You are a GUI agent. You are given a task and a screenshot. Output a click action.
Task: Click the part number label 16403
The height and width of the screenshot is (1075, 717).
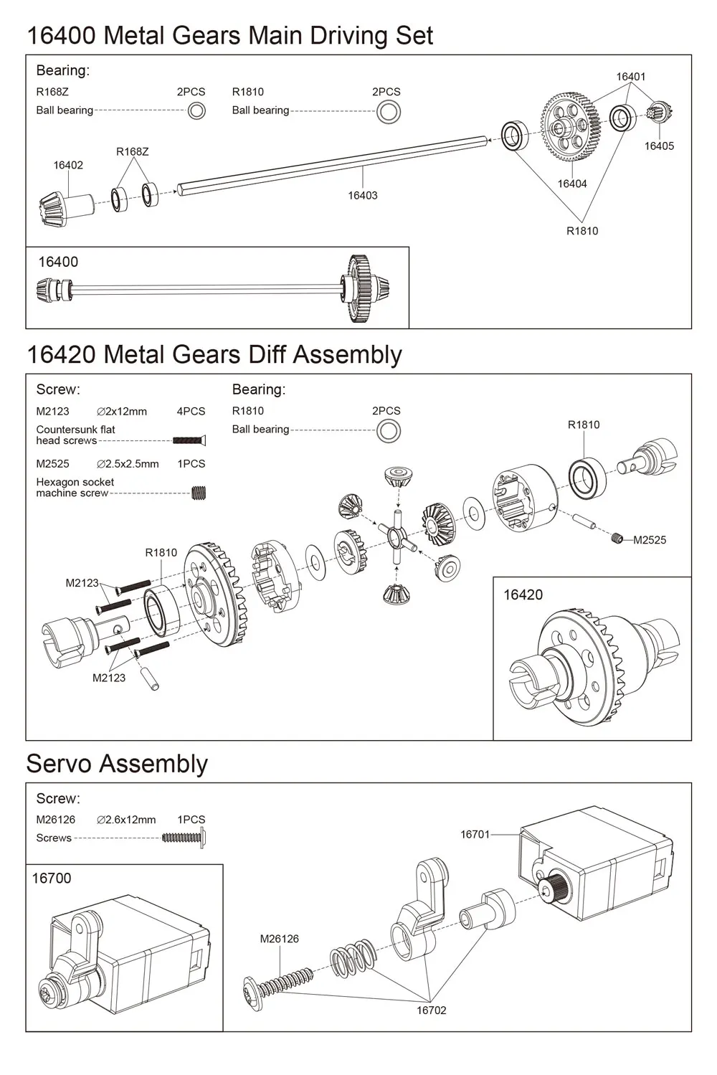click(x=362, y=195)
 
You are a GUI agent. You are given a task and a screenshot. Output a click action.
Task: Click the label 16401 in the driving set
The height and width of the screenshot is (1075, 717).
click(x=631, y=77)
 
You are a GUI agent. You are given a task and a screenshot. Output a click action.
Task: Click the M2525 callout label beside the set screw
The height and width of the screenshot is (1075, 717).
click(x=650, y=540)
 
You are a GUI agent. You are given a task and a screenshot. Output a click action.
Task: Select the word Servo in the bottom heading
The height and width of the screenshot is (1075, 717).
click(x=58, y=764)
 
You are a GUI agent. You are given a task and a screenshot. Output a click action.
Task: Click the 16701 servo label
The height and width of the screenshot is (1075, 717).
click(x=475, y=834)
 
